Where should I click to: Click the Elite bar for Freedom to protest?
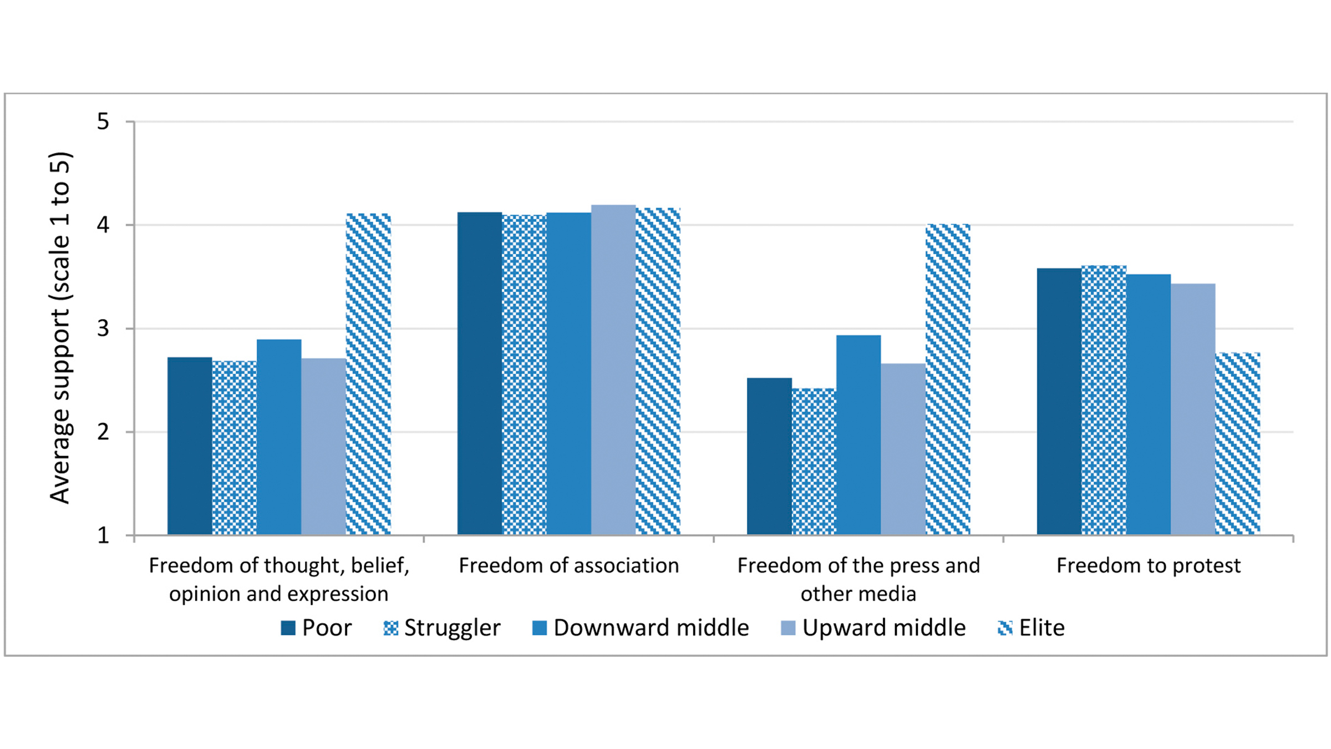[1237, 444]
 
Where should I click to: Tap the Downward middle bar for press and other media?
[858, 435]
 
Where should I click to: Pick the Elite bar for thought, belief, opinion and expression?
[368, 374]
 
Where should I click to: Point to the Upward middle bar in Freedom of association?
[613, 370]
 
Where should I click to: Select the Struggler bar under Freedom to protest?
[1104, 400]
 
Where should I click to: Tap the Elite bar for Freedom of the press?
[948, 379]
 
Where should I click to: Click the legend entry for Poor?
[316, 628]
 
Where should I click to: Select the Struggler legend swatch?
[390, 628]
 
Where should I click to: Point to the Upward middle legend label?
[883, 628]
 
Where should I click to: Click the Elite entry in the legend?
[1032, 628]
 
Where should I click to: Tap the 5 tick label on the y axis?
[103, 122]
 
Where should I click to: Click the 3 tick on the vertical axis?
[103, 328]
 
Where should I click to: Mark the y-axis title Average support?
[60, 327]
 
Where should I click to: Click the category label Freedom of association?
[568, 565]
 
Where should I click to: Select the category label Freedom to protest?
[1148, 565]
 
